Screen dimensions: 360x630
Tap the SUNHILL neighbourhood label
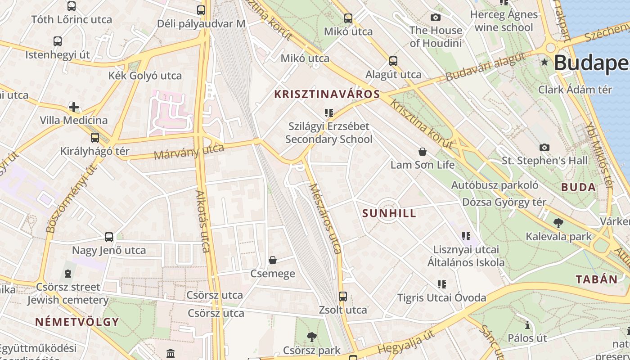(x=389, y=213)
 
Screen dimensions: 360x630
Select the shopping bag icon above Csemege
(x=273, y=260)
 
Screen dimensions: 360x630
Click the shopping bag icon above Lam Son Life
(x=422, y=151)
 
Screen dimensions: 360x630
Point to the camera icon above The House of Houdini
(x=435, y=17)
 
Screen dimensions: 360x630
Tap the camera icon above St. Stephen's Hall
(x=544, y=147)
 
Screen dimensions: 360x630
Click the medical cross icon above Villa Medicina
(x=74, y=107)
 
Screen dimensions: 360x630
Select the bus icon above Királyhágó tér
(x=94, y=138)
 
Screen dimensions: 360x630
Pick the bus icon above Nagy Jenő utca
(x=109, y=237)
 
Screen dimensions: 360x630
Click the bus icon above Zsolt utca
(x=343, y=296)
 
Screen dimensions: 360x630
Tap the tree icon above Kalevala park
(x=558, y=222)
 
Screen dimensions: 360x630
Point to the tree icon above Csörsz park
(x=311, y=337)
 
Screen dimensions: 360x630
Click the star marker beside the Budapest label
(x=545, y=62)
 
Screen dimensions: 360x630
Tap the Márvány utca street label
(x=189, y=152)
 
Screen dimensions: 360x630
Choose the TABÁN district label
(x=597, y=279)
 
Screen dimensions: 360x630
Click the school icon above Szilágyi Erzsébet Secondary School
(x=328, y=112)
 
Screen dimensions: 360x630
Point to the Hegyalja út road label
(x=406, y=342)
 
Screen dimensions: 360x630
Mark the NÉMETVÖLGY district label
(x=77, y=322)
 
